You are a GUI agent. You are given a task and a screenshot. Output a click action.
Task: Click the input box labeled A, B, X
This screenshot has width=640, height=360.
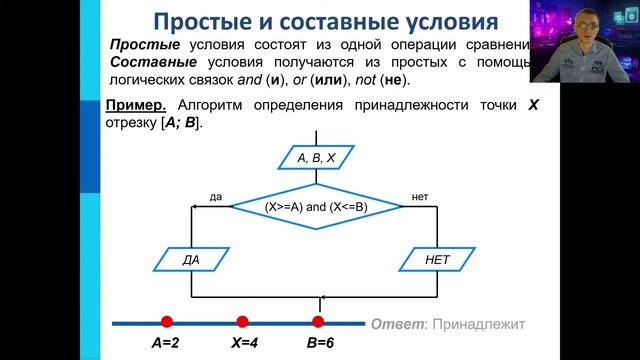click(x=317, y=157)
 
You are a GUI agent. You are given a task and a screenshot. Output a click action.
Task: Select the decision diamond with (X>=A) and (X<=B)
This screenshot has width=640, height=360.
click(x=317, y=206)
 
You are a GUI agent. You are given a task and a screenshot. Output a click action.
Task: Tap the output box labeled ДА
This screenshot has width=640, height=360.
click(x=192, y=259)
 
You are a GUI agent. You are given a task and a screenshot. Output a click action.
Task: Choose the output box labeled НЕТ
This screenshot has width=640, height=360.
click(x=439, y=259)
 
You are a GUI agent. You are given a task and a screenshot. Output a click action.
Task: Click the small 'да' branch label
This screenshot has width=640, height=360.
click(x=215, y=197)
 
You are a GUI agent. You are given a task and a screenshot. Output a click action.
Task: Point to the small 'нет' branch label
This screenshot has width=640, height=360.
click(x=420, y=197)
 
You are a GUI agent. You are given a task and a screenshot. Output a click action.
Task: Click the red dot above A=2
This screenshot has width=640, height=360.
click(x=167, y=322)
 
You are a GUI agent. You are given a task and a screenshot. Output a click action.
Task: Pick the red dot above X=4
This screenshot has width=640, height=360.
click(x=242, y=322)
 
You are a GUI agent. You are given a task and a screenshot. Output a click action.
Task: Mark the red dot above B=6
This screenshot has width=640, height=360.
click(x=318, y=322)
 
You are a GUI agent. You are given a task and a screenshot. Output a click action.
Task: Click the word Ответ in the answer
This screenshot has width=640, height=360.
click(x=396, y=324)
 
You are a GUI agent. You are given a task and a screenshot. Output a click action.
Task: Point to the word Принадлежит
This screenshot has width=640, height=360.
click(x=479, y=324)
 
